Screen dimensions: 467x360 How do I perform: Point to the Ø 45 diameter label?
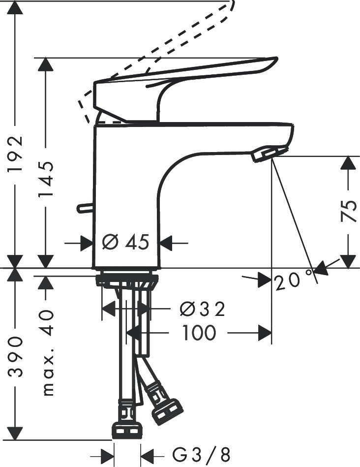[126, 242]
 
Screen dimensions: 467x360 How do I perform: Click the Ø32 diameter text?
[202, 309]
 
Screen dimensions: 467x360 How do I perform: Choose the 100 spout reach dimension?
[199, 333]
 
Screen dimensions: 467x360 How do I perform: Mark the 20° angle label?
[293, 281]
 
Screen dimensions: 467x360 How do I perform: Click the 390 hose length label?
[17, 356]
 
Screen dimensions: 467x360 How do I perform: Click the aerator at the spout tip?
[268, 154]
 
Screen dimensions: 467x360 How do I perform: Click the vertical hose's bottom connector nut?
[127, 429]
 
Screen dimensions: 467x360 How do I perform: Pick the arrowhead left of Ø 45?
[87, 243]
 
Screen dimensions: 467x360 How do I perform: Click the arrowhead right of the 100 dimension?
[266, 334]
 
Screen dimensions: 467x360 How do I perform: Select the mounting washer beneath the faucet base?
[127, 280]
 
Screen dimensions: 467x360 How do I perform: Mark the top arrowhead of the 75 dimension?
[348, 163]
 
